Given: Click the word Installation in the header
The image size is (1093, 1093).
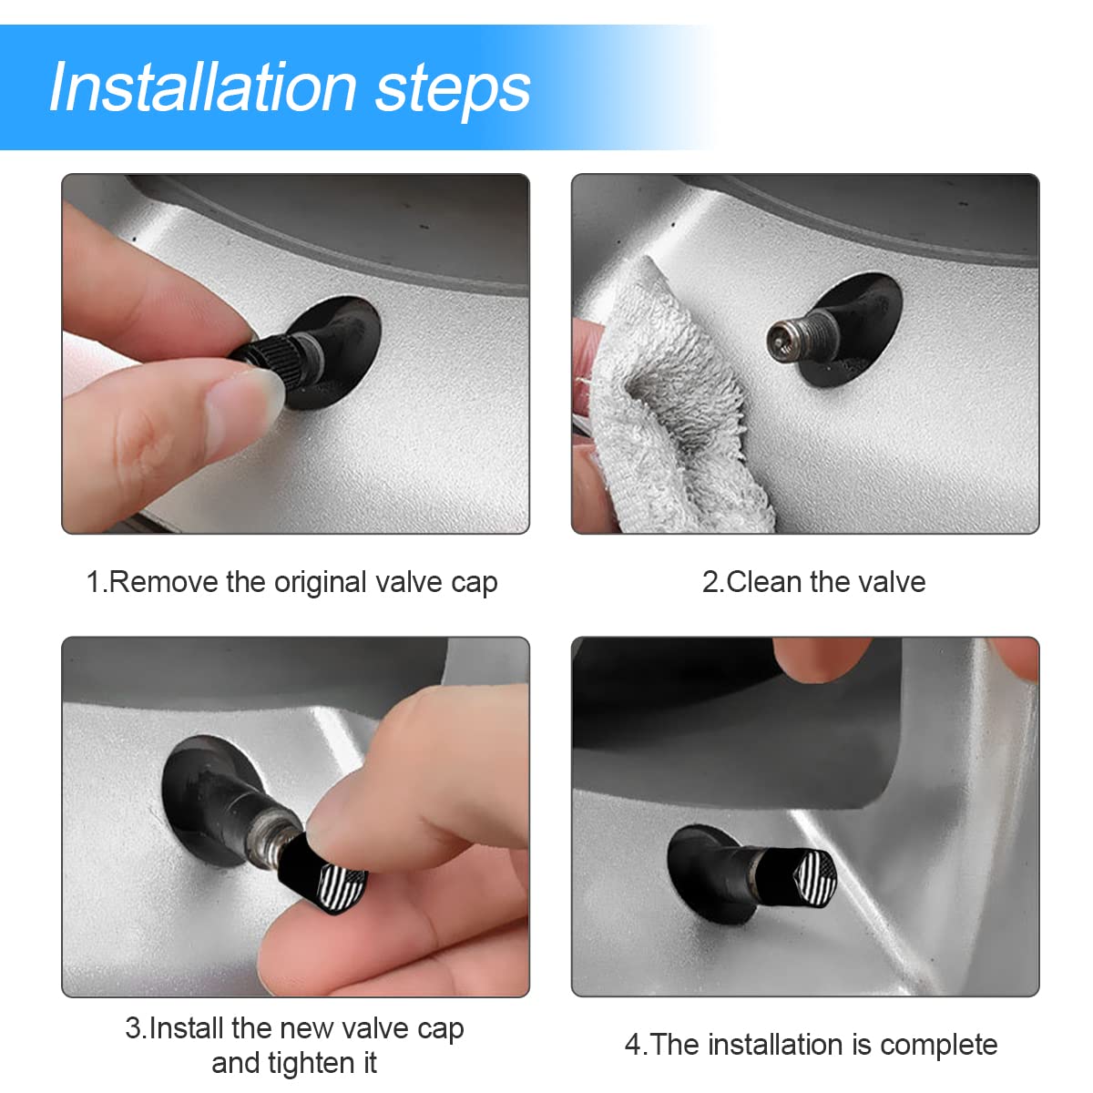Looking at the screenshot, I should coord(202,87).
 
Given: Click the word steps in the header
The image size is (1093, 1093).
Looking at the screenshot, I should coord(453,89).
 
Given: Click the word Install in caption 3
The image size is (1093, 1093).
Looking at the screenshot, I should coord(187,1028).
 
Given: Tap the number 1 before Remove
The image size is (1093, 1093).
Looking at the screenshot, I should coord(93,582).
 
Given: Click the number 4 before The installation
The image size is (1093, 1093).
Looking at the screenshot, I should coord(633,1045).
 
